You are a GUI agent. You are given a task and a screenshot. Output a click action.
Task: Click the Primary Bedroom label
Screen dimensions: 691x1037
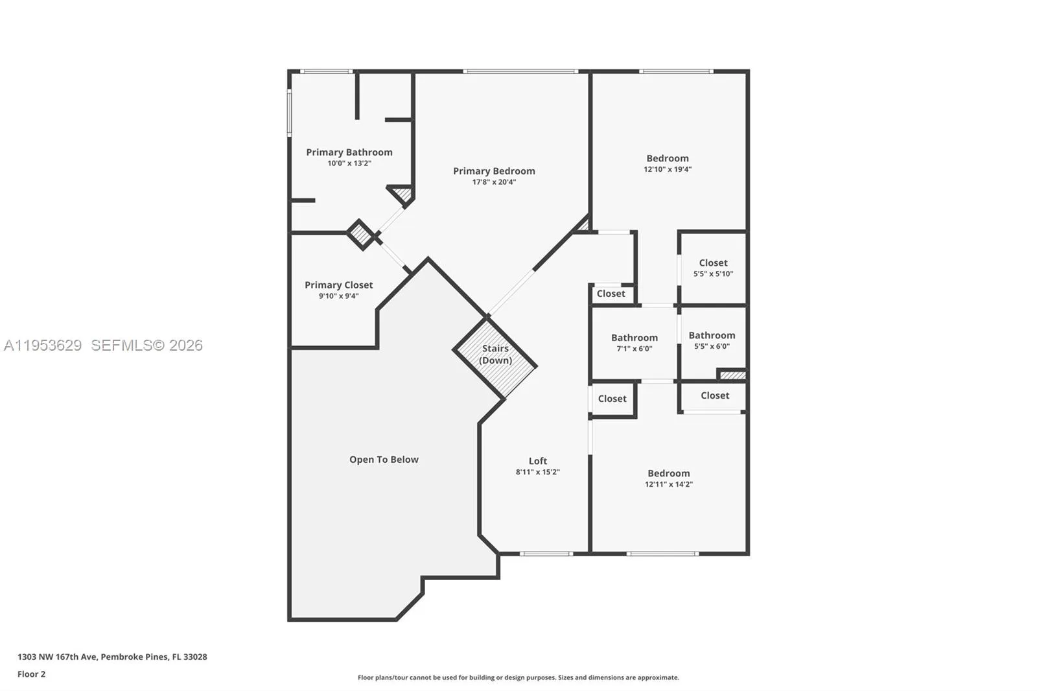click(x=494, y=171)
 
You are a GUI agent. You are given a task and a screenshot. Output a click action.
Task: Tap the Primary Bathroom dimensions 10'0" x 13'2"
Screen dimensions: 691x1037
click(x=349, y=163)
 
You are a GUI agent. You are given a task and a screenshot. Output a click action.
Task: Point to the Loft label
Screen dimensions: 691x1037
click(x=537, y=461)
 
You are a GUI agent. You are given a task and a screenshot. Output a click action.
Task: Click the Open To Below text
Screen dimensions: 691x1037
click(x=384, y=460)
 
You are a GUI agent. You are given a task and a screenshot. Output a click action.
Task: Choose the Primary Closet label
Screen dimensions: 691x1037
click(x=338, y=285)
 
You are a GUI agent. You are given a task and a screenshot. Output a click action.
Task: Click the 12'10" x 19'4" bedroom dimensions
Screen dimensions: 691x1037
click(x=667, y=169)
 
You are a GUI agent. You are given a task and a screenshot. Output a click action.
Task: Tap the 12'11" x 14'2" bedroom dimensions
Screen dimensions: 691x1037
click(x=668, y=484)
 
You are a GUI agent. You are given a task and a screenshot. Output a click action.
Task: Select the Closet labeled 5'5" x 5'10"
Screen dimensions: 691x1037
click(x=713, y=263)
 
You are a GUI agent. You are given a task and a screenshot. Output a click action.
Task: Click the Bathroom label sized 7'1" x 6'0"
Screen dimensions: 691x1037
click(x=634, y=338)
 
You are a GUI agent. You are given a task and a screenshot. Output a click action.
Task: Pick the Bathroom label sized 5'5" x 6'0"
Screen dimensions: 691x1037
click(x=712, y=335)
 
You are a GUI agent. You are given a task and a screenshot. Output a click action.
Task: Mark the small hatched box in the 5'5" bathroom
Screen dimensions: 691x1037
click(x=732, y=375)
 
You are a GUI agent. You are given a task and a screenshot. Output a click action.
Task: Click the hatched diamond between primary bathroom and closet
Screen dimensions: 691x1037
click(x=360, y=234)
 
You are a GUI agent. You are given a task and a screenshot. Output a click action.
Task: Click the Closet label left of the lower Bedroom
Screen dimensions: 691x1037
click(x=612, y=399)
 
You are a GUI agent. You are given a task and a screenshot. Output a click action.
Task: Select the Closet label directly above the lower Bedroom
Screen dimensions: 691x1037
click(x=714, y=395)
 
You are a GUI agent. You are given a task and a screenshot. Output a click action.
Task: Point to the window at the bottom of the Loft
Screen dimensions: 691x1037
click(x=546, y=554)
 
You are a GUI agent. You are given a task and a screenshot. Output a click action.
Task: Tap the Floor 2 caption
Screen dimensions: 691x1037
click(x=31, y=674)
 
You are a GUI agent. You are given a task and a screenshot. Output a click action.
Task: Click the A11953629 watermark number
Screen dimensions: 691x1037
click(x=43, y=345)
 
